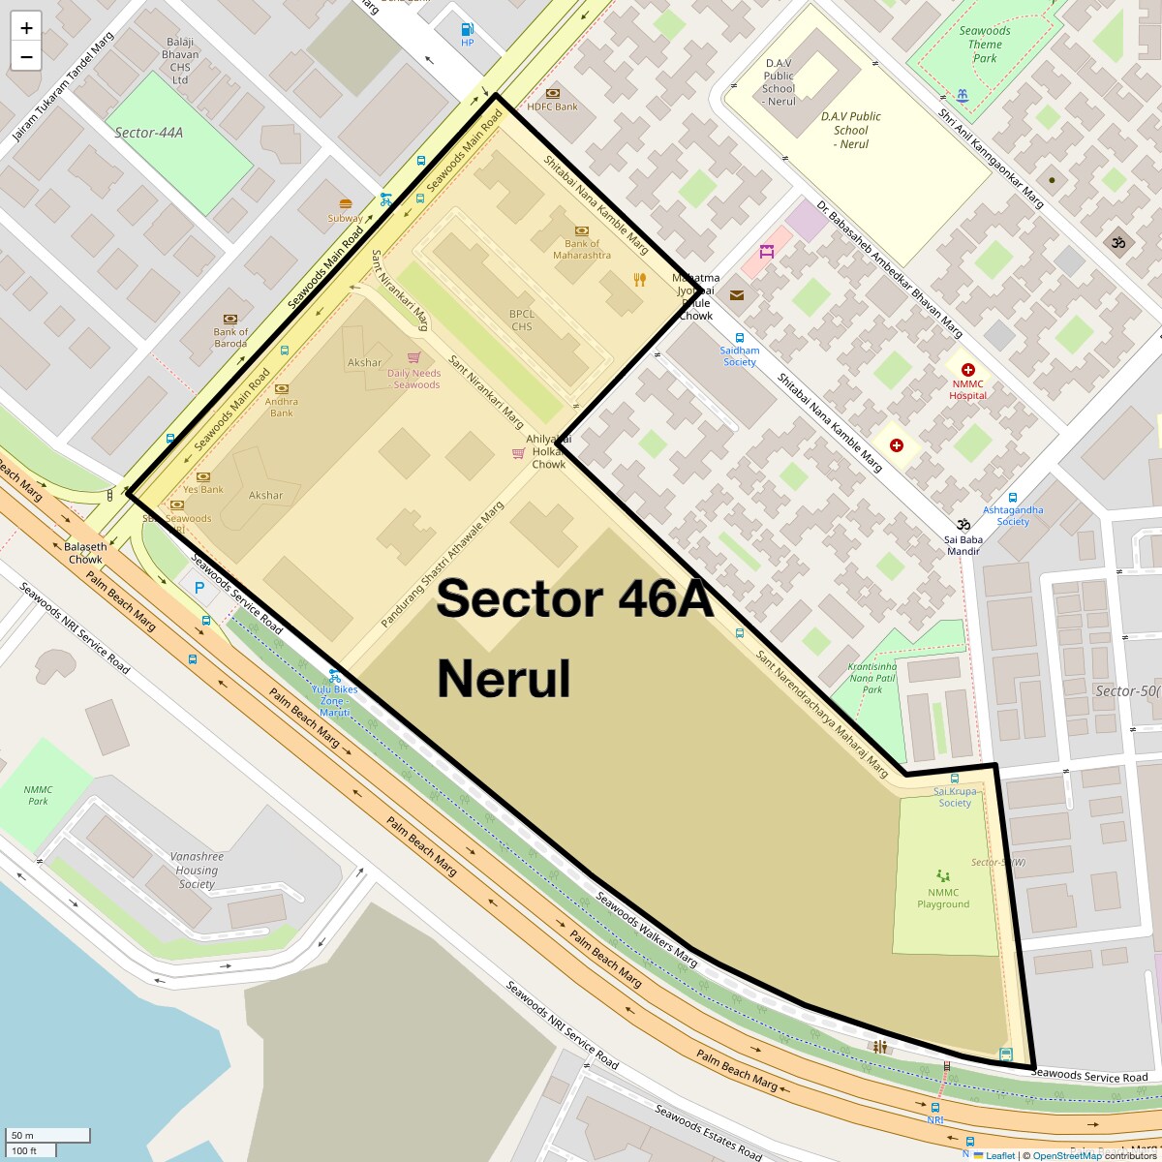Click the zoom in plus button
pos(26,28)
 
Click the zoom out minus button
pos(26,57)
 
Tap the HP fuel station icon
pos(468,30)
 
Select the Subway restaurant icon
pos(346,204)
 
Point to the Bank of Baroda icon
pos(230,319)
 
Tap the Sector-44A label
pos(148,133)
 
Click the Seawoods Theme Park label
pos(985,45)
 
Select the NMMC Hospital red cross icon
pos(967,370)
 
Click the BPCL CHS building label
pos(522,320)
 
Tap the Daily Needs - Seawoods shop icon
pos(414,357)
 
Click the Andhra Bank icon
pos(282,389)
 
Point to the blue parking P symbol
pos(199,587)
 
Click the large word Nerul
pos(504,679)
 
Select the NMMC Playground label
pos(943,899)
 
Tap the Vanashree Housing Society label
pos(197,870)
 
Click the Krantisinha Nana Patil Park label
pos(872,678)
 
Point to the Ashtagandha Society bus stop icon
pos(1013,498)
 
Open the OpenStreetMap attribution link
pos(1066,1155)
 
